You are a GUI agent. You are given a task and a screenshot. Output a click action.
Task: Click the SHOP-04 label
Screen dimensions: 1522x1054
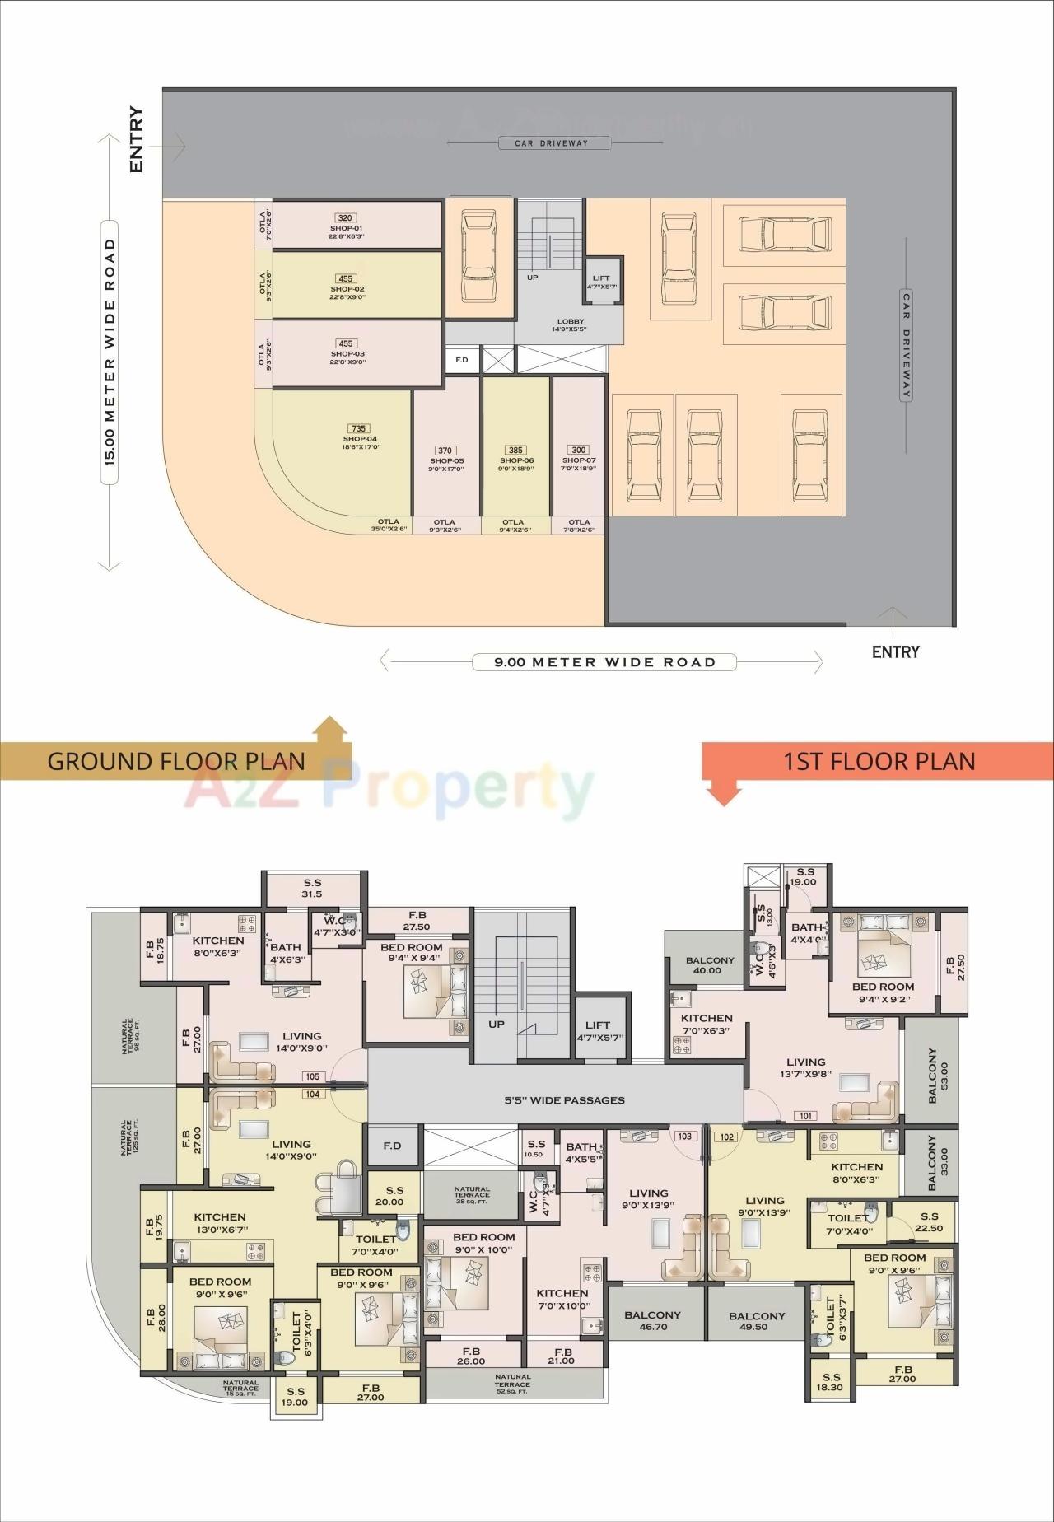pyautogui.click(x=360, y=439)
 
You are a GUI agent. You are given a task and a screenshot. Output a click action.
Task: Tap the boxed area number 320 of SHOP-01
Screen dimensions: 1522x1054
pyautogui.click(x=345, y=218)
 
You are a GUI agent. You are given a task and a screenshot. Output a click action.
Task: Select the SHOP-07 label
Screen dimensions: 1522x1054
pyautogui.click(x=579, y=460)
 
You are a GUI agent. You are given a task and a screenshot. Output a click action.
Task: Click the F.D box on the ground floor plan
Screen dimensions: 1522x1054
pyautogui.click(x=462, y=360)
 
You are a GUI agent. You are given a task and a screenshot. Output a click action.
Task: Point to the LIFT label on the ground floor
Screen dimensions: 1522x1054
pyautogui.click(x=601, y=278)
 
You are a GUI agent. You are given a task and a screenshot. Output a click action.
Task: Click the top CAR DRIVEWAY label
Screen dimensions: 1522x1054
pyautogui.click(x=552, y=143)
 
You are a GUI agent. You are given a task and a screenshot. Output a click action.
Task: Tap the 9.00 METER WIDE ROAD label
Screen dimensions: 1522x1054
pyautogui.click(x=604, y=662)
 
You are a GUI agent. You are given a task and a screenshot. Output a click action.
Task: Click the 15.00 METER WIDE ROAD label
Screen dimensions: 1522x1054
pyautogui.click(x=110, y=352)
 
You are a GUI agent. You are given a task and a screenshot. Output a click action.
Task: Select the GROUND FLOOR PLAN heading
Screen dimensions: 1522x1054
pyautogui.click(x=175, y=760)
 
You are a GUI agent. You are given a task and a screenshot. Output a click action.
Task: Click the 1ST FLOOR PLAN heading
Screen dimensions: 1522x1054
pyautogui.click(x=879, y=761)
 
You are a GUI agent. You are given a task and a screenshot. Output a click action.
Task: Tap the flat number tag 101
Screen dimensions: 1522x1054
pyautogui.click(x=805, y=1116)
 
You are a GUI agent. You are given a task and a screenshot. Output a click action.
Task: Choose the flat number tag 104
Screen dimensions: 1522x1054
pyautogui.click(x=313, y=1095)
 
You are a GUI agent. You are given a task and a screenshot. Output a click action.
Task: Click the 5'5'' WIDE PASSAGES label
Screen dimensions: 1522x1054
pyautogui.click(x=565, y=1100)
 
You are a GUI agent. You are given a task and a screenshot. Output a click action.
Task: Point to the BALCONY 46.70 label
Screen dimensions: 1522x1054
pyautogui.click(x=654, y=1320)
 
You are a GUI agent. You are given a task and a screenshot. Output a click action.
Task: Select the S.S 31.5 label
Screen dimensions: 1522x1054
pyautogui.click(x=312, y=888)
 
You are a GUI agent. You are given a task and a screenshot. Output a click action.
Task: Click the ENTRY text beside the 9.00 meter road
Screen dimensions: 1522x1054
pyautogui.click(x=895, y=652)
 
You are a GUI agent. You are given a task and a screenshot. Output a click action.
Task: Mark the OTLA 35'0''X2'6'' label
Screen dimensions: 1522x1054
pyautogui.click(x=389, y=525)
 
